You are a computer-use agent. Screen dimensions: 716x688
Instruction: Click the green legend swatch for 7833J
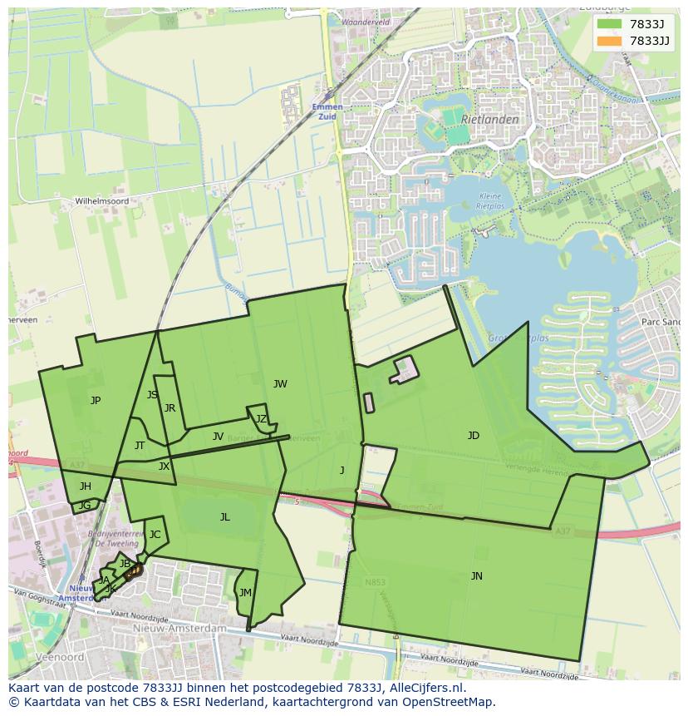[x=608, y=24]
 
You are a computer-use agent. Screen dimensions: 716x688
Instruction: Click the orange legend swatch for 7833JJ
[x=608, y=41]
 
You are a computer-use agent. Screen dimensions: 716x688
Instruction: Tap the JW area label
[x=280, y=384]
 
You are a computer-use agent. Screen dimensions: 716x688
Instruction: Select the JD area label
[x=473, y=436]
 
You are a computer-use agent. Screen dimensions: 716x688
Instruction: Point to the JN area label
[x=476, y=576]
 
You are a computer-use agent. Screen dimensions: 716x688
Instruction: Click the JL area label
[x=224, y=517]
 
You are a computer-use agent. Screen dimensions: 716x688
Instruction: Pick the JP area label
[x=96, y=401]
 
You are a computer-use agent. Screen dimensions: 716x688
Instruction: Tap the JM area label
[x=244, y=593]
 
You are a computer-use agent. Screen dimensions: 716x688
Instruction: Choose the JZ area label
[x=261, y=419]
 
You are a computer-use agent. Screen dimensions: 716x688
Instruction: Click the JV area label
[x=218, y=437]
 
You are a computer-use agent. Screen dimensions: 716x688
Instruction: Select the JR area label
[x=170, y=408]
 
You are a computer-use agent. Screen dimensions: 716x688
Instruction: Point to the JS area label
[x=152, y=395]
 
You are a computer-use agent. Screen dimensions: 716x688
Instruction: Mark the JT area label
[x=140, y=446]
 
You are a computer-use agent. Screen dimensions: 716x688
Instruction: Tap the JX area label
[x=164, y=467]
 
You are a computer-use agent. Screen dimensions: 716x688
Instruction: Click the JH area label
[x=86, y=486]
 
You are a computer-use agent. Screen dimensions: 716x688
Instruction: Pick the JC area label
[x=155, y=535]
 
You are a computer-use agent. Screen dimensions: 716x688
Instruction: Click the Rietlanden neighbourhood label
[x=489, y=120]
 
